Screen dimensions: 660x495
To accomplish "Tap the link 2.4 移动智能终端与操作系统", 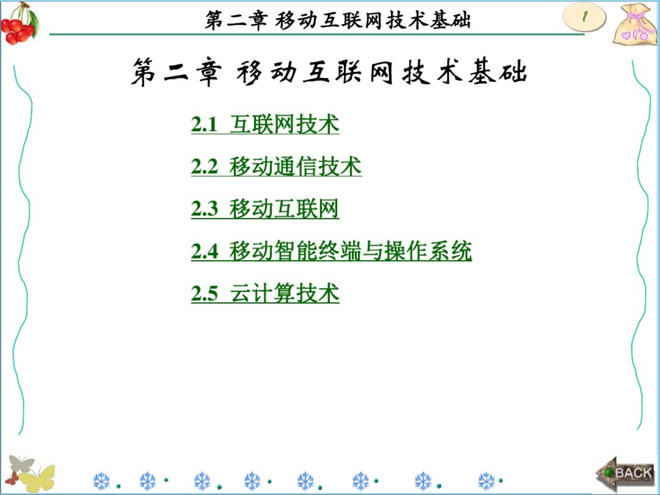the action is (331, 251).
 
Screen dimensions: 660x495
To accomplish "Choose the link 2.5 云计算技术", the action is (265, 293).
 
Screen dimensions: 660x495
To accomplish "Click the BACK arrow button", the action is (625, 474).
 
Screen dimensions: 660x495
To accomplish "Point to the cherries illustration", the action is (20, 24).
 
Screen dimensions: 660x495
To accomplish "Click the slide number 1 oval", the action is (584, 17).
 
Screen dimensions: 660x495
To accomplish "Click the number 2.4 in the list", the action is (204, 251).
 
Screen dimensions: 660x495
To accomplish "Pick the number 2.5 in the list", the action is (204, 293).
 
